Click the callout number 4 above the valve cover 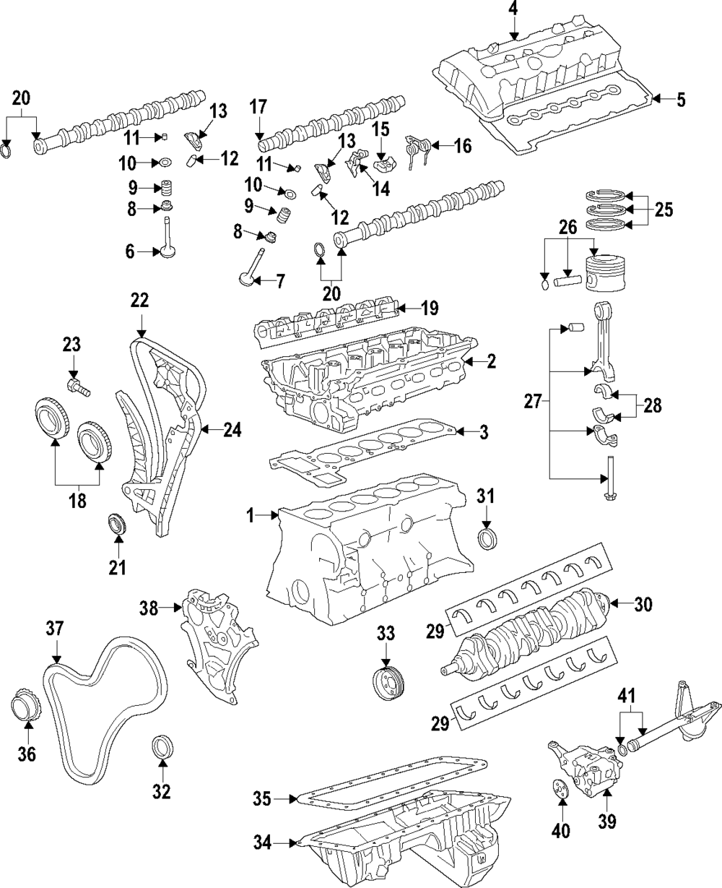[x=513, y=9]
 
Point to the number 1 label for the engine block [x=251, y=516]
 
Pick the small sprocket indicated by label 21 [x=116, y=524]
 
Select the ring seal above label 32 [x=162, y=746]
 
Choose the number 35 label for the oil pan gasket [x=263, y=798]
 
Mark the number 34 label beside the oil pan [x=263, y=841]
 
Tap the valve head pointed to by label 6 [x=170, y=253]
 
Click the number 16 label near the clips [x=462, y=146]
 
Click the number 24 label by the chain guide [x=232, y=431]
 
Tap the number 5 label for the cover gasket [x=680, y=100]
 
